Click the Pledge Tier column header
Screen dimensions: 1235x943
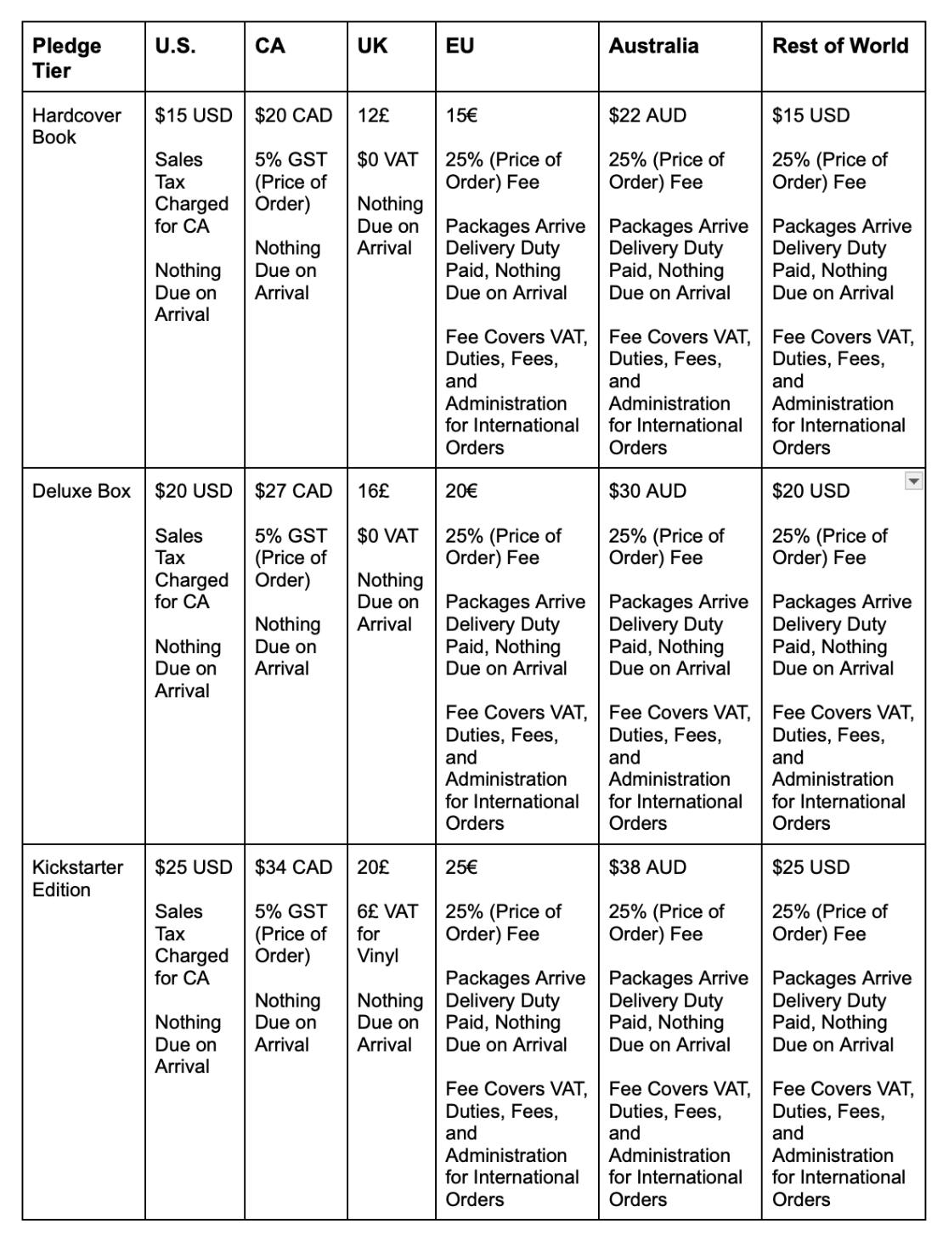point(66,58)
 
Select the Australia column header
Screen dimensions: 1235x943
point(653,46)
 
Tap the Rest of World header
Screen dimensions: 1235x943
point(839,46)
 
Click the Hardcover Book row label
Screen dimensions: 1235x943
point(76,126)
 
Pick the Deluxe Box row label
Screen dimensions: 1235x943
point(82,491)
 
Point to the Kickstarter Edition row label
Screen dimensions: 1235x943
point(77,878)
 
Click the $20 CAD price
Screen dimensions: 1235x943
point(293,116)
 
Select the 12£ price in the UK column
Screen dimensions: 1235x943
point(373,116)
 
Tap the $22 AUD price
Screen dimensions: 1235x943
point(647,116)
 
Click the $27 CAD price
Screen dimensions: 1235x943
point(293,491)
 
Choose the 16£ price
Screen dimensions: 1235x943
point(373,491)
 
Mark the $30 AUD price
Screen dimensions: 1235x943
point(647,491)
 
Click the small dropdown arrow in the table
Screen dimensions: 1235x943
point(913,482)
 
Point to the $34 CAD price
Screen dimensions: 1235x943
point(293,867)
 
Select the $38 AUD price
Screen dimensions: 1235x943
point(647,867)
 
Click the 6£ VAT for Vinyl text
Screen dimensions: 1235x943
point(387,933)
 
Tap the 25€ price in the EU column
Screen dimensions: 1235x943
point(461,867)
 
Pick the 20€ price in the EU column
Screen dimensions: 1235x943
point(461,491)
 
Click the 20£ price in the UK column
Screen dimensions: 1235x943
point(373,867)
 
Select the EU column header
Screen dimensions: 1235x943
point(460,46)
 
